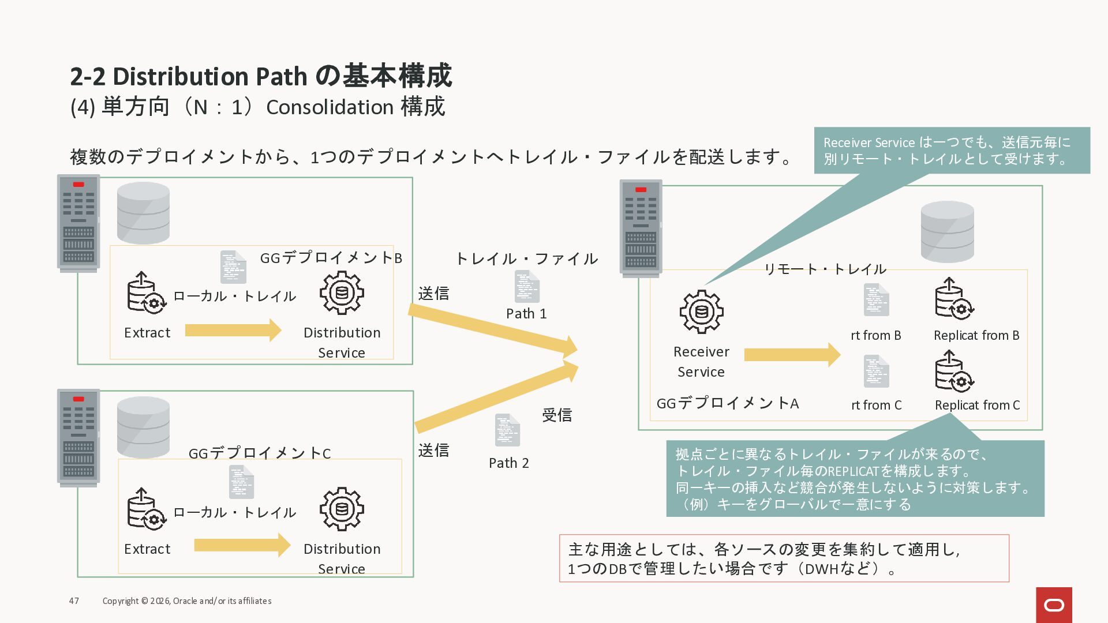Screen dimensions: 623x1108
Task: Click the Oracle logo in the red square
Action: point(1054,605)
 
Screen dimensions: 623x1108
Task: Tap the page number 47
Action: point(74,601)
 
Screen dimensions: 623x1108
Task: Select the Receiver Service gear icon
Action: point(701,311)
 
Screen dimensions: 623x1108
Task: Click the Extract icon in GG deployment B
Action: point(147,293)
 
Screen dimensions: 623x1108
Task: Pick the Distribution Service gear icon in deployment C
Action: point(342,509)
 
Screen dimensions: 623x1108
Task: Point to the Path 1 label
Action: point(526,314)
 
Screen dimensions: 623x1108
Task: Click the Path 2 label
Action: point(508,463)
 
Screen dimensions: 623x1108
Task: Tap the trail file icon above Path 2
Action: point(507,430)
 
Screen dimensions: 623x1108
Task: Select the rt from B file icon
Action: point(876,300)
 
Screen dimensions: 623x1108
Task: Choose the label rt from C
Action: point(876,406)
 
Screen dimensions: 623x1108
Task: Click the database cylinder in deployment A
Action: point(947,231)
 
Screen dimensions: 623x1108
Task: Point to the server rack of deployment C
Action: point(78,437)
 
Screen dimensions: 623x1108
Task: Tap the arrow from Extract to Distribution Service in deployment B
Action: point(233,331)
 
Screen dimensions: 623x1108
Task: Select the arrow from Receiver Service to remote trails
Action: point(792,355)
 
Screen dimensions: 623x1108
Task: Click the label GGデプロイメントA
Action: point(727,403)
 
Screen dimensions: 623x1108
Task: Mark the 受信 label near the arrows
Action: point(556,415)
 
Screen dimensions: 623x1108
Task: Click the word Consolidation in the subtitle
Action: point(330,107)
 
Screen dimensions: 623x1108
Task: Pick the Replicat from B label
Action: point(976,336)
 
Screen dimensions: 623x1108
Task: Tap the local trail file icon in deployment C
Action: point(241,482)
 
